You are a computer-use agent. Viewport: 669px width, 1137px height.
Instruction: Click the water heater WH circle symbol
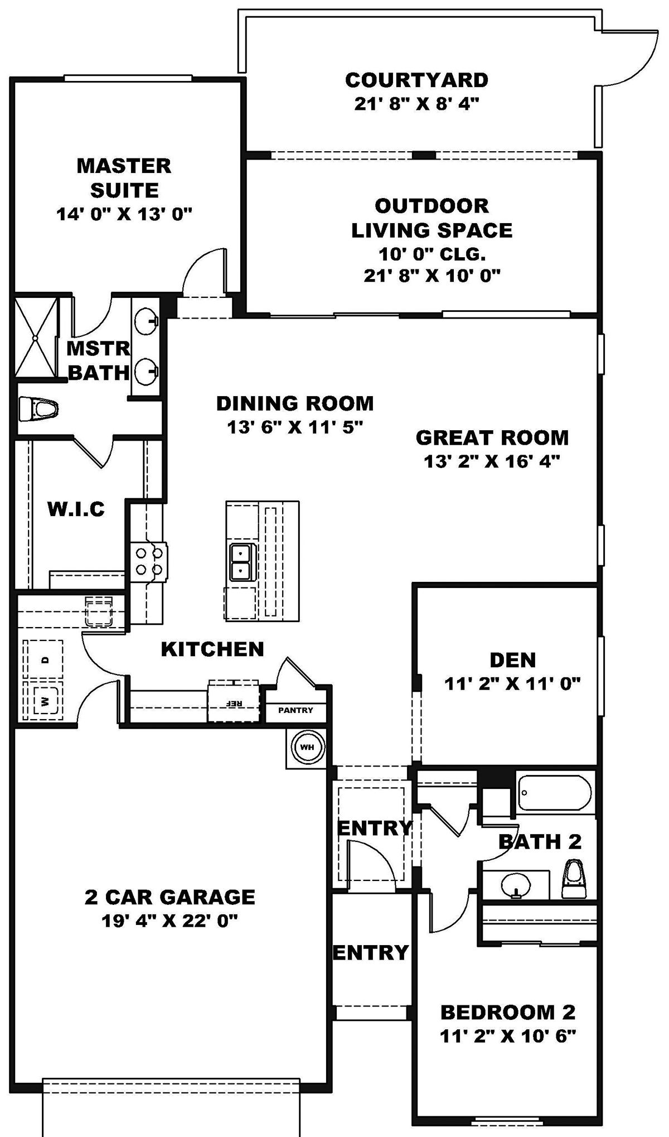pyautogui.click(x=307, y=746)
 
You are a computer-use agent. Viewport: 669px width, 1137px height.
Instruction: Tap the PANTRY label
pyautogui.click(x=295, y=710)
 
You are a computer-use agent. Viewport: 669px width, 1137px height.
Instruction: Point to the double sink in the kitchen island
pyautogui.click(x=241, y=562)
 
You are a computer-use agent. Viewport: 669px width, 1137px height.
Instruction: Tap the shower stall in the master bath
pyautogui.click(x=36, y=338)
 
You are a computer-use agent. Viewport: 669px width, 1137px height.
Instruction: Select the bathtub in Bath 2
pyautogui.click(x=554, y=793)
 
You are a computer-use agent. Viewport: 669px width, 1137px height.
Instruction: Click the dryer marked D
pyautogui.click(x=45, y=659)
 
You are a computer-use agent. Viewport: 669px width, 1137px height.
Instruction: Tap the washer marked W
pyautogui.click(x=44, y=701)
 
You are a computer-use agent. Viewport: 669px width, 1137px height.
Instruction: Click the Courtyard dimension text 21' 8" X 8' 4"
pyautogui.click(x=416, y=104)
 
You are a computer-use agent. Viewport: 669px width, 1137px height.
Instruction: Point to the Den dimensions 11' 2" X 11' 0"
pyautogui.click(x=512, y=683)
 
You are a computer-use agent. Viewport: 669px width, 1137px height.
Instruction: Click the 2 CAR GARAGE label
pyautogui.click(x=169, y=897)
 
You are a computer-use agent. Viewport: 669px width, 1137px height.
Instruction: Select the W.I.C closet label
pyautogui.click(x=76, y=509)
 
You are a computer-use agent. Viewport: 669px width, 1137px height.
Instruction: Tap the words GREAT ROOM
pyautogui.click(x=492, y=438)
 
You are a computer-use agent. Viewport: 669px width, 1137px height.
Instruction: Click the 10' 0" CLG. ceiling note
pyautogui.click(x=432, y=254)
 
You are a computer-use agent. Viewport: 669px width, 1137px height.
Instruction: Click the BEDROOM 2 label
pyautogui.click(x=507, y=1011)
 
